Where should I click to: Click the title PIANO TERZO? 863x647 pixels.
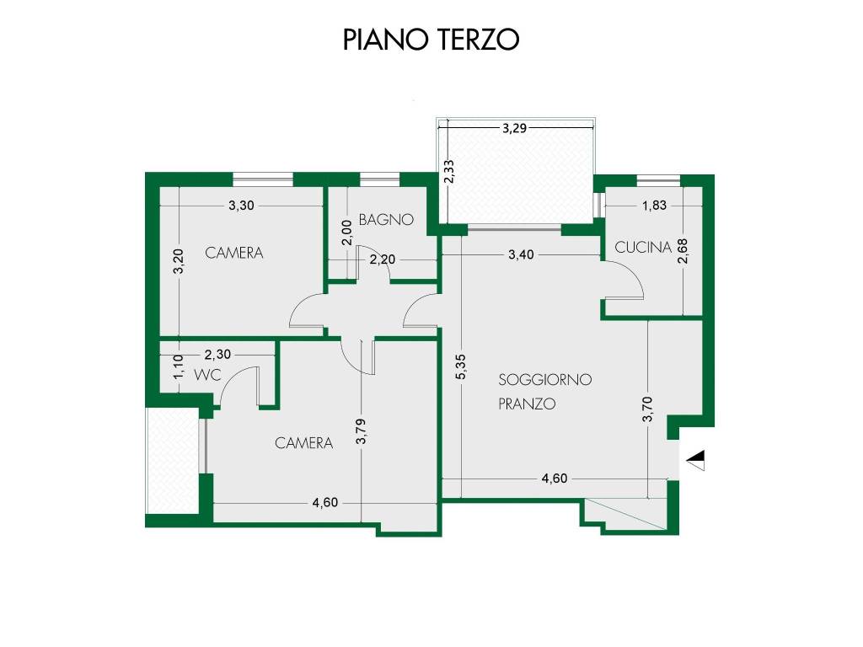[x=431, y=40]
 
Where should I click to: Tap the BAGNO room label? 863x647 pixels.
[x=386, y=220]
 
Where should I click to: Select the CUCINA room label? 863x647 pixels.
[x=643, y=247]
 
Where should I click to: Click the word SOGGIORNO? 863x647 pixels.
[x=544, y=380]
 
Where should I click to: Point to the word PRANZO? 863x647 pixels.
[x=527, y=404]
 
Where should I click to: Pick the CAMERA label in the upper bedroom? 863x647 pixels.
[x=234, y=252]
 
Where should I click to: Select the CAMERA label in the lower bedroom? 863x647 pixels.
[x=304, y=442]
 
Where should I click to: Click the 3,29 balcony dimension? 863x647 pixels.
[x=515, y=129]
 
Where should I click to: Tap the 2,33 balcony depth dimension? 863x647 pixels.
[x=450, y=171]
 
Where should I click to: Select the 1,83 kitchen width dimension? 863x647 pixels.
[x=655, y=205]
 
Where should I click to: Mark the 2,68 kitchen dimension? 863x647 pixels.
[x=683, y=253]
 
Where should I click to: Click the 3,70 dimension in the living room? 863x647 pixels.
[x=647, y=409]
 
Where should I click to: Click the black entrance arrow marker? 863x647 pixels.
[x=697, y=459]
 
